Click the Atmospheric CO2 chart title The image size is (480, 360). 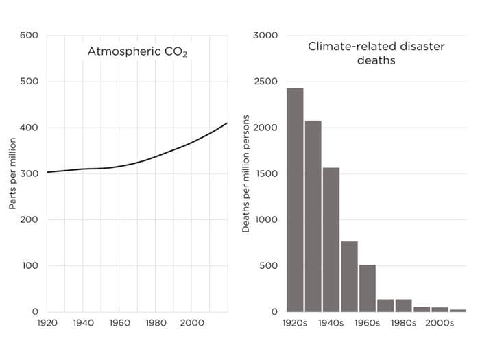[137, 51]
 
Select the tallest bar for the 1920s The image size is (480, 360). [295, 200]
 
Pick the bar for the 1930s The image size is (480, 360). [313, 216]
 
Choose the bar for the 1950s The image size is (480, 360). [349, 276]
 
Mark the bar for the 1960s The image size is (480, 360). [368, 288]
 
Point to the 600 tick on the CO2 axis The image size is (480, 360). [29, 36]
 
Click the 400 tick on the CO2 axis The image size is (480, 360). [29, 128]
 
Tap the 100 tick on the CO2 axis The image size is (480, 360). [29, 266]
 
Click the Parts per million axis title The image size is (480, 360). [12, 174]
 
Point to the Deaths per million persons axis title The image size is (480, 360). [246, 174]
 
